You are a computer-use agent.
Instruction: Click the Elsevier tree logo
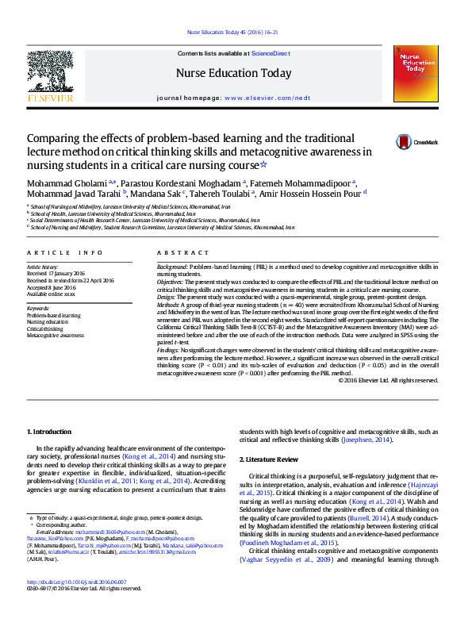[x=49, y=75]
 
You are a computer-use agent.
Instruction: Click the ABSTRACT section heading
[x=172, y=252]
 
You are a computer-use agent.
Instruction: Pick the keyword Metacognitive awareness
[x=55, y=336]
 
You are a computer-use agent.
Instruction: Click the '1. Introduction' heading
[x=49, y=432]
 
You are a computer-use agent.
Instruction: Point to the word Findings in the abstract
[x=168, y=349]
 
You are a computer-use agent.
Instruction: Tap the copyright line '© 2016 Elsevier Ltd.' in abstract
[x=388, y=380]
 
